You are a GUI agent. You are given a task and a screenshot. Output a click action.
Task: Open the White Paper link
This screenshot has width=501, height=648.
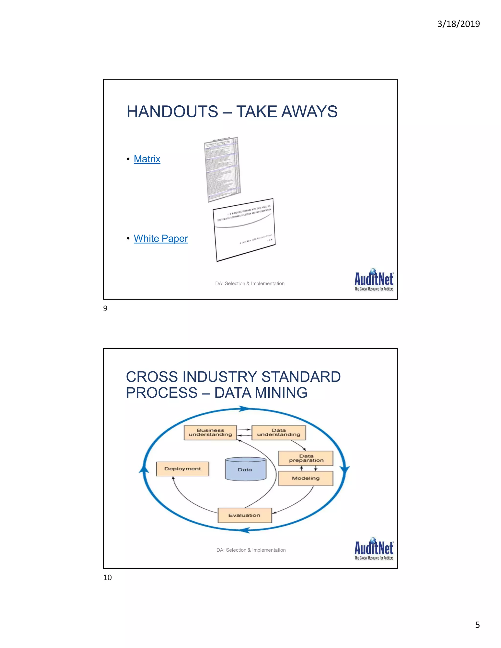(x=160, y=239)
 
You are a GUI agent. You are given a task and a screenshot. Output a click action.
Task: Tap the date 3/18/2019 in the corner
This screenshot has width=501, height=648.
(x=458, y=24)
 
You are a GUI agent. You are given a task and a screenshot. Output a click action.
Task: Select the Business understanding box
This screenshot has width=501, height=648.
(x=210, y=433)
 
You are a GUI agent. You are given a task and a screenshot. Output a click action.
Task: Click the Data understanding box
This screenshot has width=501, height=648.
(x=278, y=433)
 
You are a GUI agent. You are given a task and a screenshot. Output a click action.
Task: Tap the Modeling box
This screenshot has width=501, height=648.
(x=306, y=478)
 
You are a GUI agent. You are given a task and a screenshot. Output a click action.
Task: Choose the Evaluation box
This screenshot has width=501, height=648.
(x=244, y=515)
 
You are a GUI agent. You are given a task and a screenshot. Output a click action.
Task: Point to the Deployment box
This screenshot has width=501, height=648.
(x=182, y=469)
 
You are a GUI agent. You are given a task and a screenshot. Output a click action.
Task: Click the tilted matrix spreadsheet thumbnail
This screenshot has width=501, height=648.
(x=223, y=169)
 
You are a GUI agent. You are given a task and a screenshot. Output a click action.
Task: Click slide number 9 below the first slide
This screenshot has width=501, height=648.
(x=105, y=309)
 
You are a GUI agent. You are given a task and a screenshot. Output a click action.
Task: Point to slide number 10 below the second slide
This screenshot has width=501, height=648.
(x=107, y=577)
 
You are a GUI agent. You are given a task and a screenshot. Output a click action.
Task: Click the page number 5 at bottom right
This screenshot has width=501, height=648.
(x=477, y=625)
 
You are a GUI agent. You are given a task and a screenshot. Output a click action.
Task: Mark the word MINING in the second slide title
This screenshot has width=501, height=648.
(x=281, y=393)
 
